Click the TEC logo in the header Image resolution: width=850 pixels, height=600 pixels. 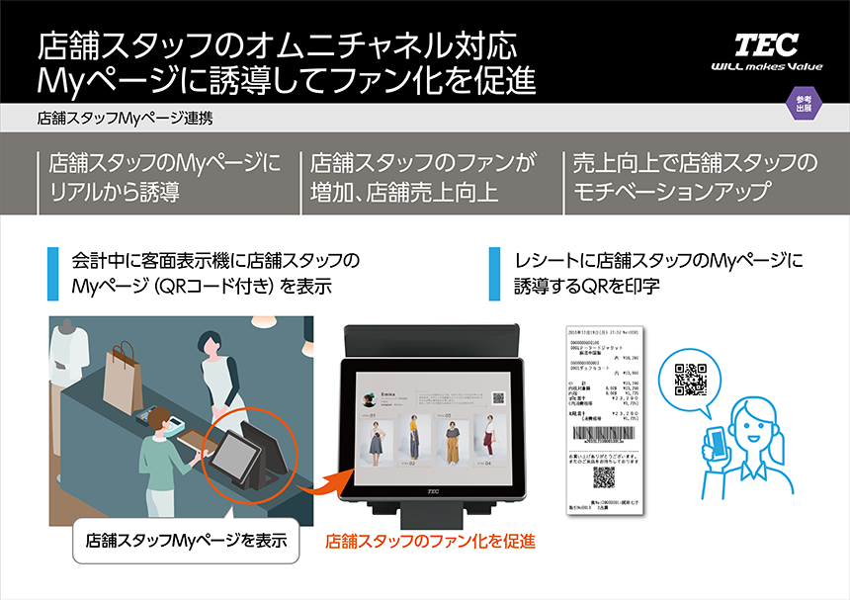(x=766, y=44)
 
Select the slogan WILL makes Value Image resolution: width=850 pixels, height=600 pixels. (x=766, y=67)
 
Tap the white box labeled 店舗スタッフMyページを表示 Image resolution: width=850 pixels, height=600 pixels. (x=186, y=541)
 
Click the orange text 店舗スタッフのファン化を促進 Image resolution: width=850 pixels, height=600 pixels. (x=431, y=541)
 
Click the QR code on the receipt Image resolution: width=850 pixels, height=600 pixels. (x=604, y=477)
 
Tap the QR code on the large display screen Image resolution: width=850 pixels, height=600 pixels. (x=498, y=400)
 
